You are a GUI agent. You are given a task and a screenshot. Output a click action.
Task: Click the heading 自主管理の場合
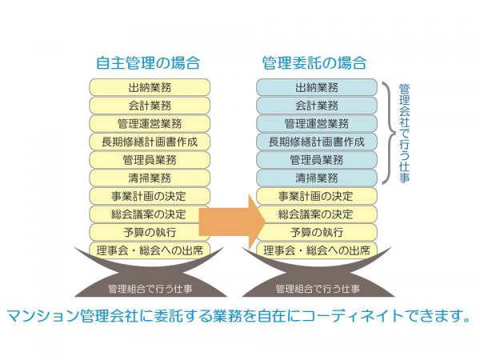pyautogui.click(x=149, y=62)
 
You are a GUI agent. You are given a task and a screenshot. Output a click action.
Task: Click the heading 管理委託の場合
pyautogui.click(x=315, y=62)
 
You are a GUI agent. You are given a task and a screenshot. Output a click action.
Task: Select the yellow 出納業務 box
pyautogui.click(x=149, y=87)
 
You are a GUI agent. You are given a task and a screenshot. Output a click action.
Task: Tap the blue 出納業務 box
pyautogui.click(x=317, y=87)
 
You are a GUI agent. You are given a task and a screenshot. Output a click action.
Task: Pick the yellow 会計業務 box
pyautogui.click(x=149, y=106)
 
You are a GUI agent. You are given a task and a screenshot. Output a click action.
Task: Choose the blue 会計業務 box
pyautogui.click(x=317, y=106)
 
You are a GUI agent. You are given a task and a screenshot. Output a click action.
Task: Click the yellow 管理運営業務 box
pyautogui.click(x=149, y=123)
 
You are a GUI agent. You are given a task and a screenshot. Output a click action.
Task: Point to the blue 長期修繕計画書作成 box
pyautogui.click(x=317, y=142)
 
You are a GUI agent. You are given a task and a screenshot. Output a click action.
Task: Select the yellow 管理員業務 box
pyautogui.click(x=149, y=159)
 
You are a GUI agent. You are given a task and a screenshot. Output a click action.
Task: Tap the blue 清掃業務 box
pyautogui.click(x=317, y=178)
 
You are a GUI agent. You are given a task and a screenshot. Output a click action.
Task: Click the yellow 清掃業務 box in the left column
pyautogui.click(x=149, y=178)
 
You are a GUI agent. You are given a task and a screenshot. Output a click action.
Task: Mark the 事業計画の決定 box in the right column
pyautogui.click(x=317, y=196)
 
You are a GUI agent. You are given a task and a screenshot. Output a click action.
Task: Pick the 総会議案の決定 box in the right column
pyautogui.click(x=317, y=214)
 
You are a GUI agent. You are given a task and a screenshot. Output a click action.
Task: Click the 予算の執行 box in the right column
pyautogui.click(x=317, y=232)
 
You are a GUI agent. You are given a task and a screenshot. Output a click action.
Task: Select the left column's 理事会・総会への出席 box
pyautogui.click(x=149, y=250)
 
